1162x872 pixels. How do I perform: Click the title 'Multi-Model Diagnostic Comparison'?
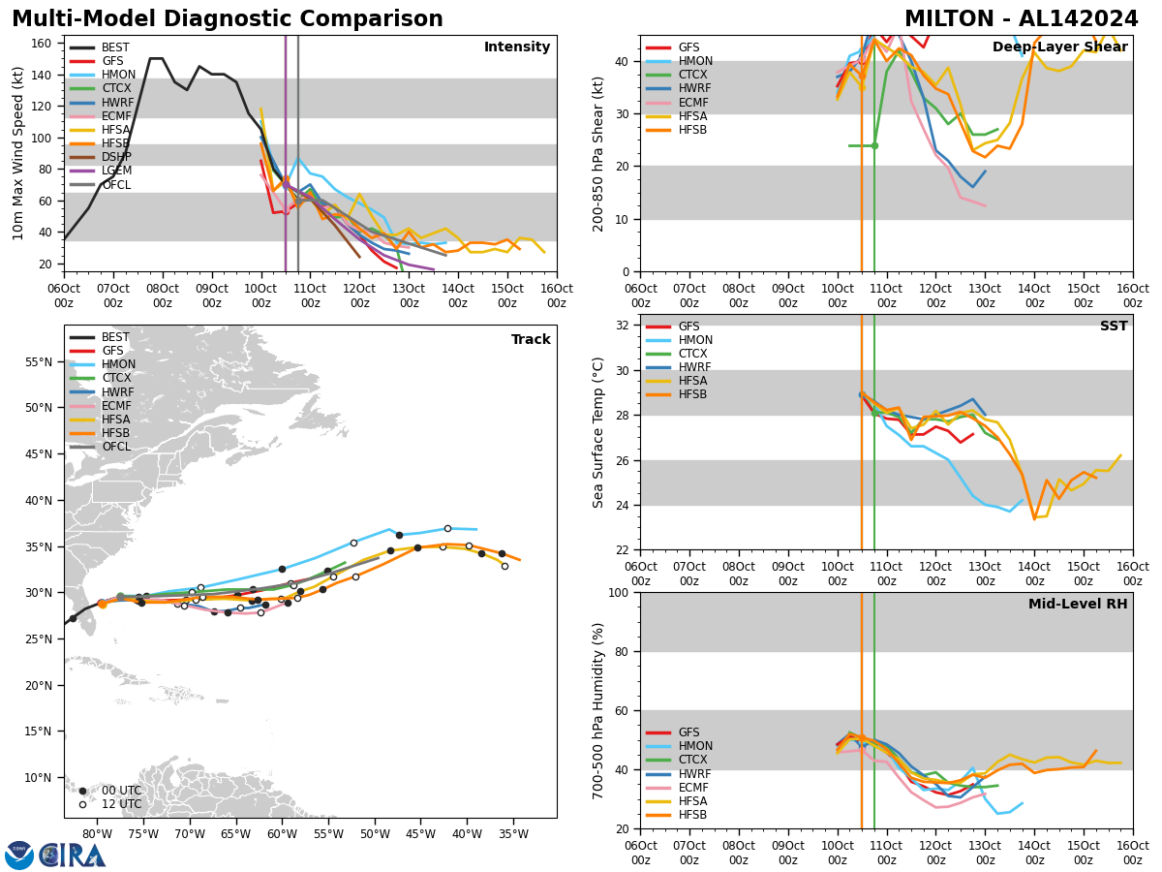pyautogui.click(x=228, y=19)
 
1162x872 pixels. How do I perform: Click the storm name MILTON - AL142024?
pyautogui.click(x=1022, y=19)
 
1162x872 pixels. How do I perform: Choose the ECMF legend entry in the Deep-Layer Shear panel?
pyautogui.click(x=690, y=103)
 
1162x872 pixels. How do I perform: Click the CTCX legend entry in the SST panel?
pyautogui.click(x=690, y=355)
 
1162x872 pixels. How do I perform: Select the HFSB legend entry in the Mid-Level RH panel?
pyautogui.click(x=690, y=815)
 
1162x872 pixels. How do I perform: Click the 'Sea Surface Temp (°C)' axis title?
pyautogui.click(x=598, y=432)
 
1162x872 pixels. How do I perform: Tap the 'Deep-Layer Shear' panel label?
pyautogui.click(x=1059, y=47)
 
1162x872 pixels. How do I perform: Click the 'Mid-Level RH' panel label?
pyautogui.click(x=1077, y=605)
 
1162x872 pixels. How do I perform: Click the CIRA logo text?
pyautogui.click(x=73, y=856)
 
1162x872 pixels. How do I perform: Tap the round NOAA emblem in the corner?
pyautogui.click(x=19, y=856)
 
